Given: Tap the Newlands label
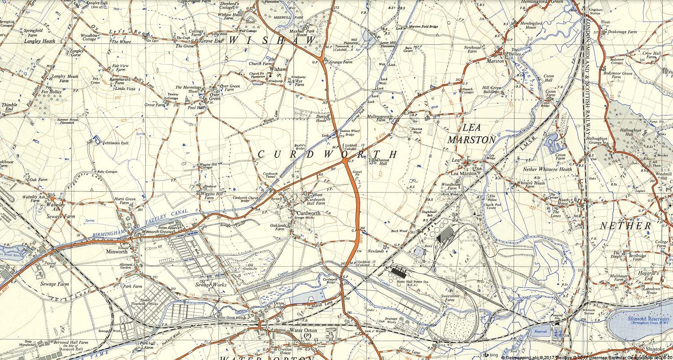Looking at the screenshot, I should tap(376, 251).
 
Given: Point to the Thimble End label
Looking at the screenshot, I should tap(9, 107).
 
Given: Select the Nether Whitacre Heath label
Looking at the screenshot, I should tap(548, 169).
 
